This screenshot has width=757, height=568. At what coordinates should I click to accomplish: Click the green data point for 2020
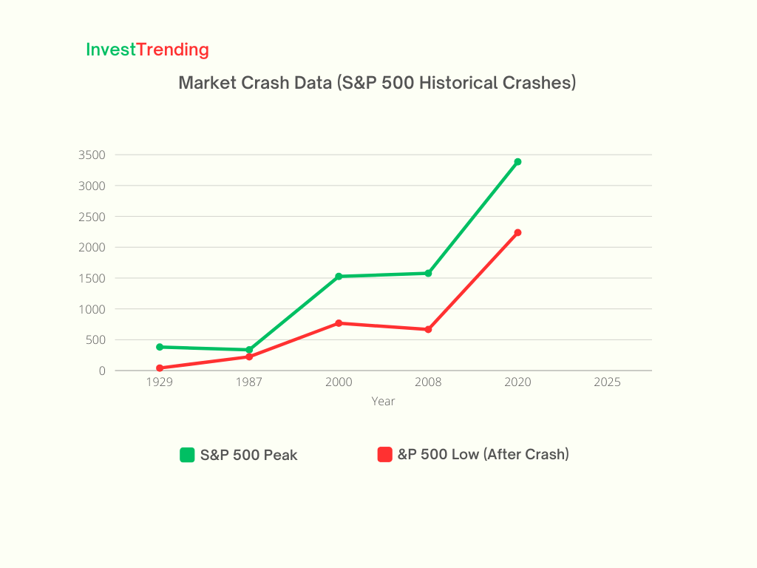click(x=517, y=162)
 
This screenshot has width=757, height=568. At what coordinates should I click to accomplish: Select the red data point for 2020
click(x=517, y=233)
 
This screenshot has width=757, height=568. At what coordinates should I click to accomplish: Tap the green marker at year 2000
click(x=339, y=277)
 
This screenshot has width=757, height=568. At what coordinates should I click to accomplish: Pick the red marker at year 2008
click(x=428, y=329)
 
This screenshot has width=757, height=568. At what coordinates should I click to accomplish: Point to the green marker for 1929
click(x=160, y=347)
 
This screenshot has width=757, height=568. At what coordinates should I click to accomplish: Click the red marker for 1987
click(x=249, y=357)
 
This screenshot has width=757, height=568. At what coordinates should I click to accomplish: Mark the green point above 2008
click(x=428, y=274)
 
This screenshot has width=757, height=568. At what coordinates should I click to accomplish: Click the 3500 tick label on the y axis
click(x=92, y=155)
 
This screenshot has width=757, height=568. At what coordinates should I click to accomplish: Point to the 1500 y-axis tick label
click(x=92, y=278)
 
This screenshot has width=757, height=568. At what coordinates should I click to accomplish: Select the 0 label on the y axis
click(x=102, y=371)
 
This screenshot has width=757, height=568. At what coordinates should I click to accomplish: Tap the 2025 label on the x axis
click(x=607, y=382)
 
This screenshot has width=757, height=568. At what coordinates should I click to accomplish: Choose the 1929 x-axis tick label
click(x=160, y=382)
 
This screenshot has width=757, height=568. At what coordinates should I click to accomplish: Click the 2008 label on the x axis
click(x=428, y=382)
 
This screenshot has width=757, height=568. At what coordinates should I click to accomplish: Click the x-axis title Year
click(x=384, y=402)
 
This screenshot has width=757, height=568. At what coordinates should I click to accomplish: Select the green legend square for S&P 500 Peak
click(x=187, y=455)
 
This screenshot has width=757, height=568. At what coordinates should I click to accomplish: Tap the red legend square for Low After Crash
click(x=384, y=455)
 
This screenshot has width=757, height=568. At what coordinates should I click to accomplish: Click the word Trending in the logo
click(x=172, y=50)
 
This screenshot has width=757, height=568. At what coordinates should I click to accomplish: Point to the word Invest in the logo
click(x=111, y=50)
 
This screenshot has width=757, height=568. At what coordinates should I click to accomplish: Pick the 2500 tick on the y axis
click(x=92, y=217)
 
